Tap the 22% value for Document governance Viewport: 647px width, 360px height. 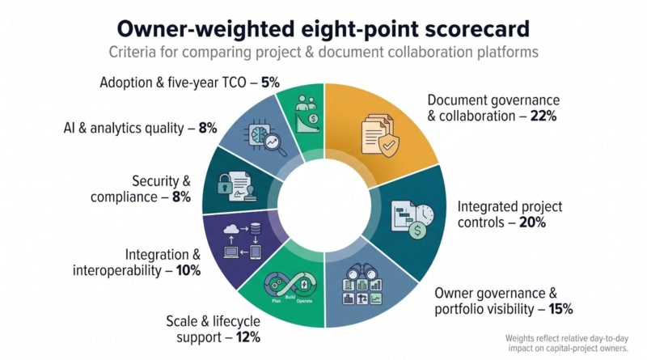click(x=543, y=116)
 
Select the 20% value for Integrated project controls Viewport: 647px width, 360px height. click(x=532, y=222)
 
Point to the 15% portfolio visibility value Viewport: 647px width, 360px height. click(x=560, y=309)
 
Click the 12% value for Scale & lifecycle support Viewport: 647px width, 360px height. click(x=248, y=337)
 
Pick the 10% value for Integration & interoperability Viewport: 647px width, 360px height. click(x=188, y=270)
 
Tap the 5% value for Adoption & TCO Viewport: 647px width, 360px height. click(x=270, y=83)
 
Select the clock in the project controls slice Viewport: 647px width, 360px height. click(x=425, y=215)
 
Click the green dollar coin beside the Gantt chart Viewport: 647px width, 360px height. click(x=417, y=231)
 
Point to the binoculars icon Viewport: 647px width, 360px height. click(x=361, y=272)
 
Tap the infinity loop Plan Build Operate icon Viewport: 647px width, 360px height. click(x=290, y=286)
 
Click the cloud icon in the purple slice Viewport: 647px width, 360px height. click(x=231, y=228)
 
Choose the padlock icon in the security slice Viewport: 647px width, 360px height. click(x=225, y=184)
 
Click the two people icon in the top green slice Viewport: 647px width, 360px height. click(x=306, y=103)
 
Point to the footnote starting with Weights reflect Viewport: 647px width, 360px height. click(x=567, y=344)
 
